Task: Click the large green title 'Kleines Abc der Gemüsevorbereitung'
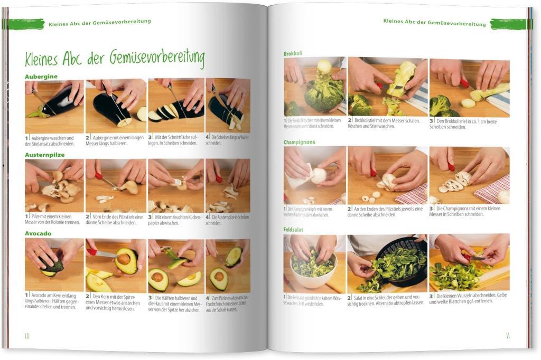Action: pos(114,59)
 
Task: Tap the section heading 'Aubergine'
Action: pos(41,77)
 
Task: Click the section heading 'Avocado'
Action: pos(38,233)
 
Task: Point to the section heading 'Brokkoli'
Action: pos(293,53)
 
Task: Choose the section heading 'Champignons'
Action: pos(299,142)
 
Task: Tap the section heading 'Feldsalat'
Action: pos(293,230)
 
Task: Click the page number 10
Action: pos(26,336)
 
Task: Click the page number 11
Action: pos(507,336)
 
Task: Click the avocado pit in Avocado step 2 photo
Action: pos(123,259)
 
